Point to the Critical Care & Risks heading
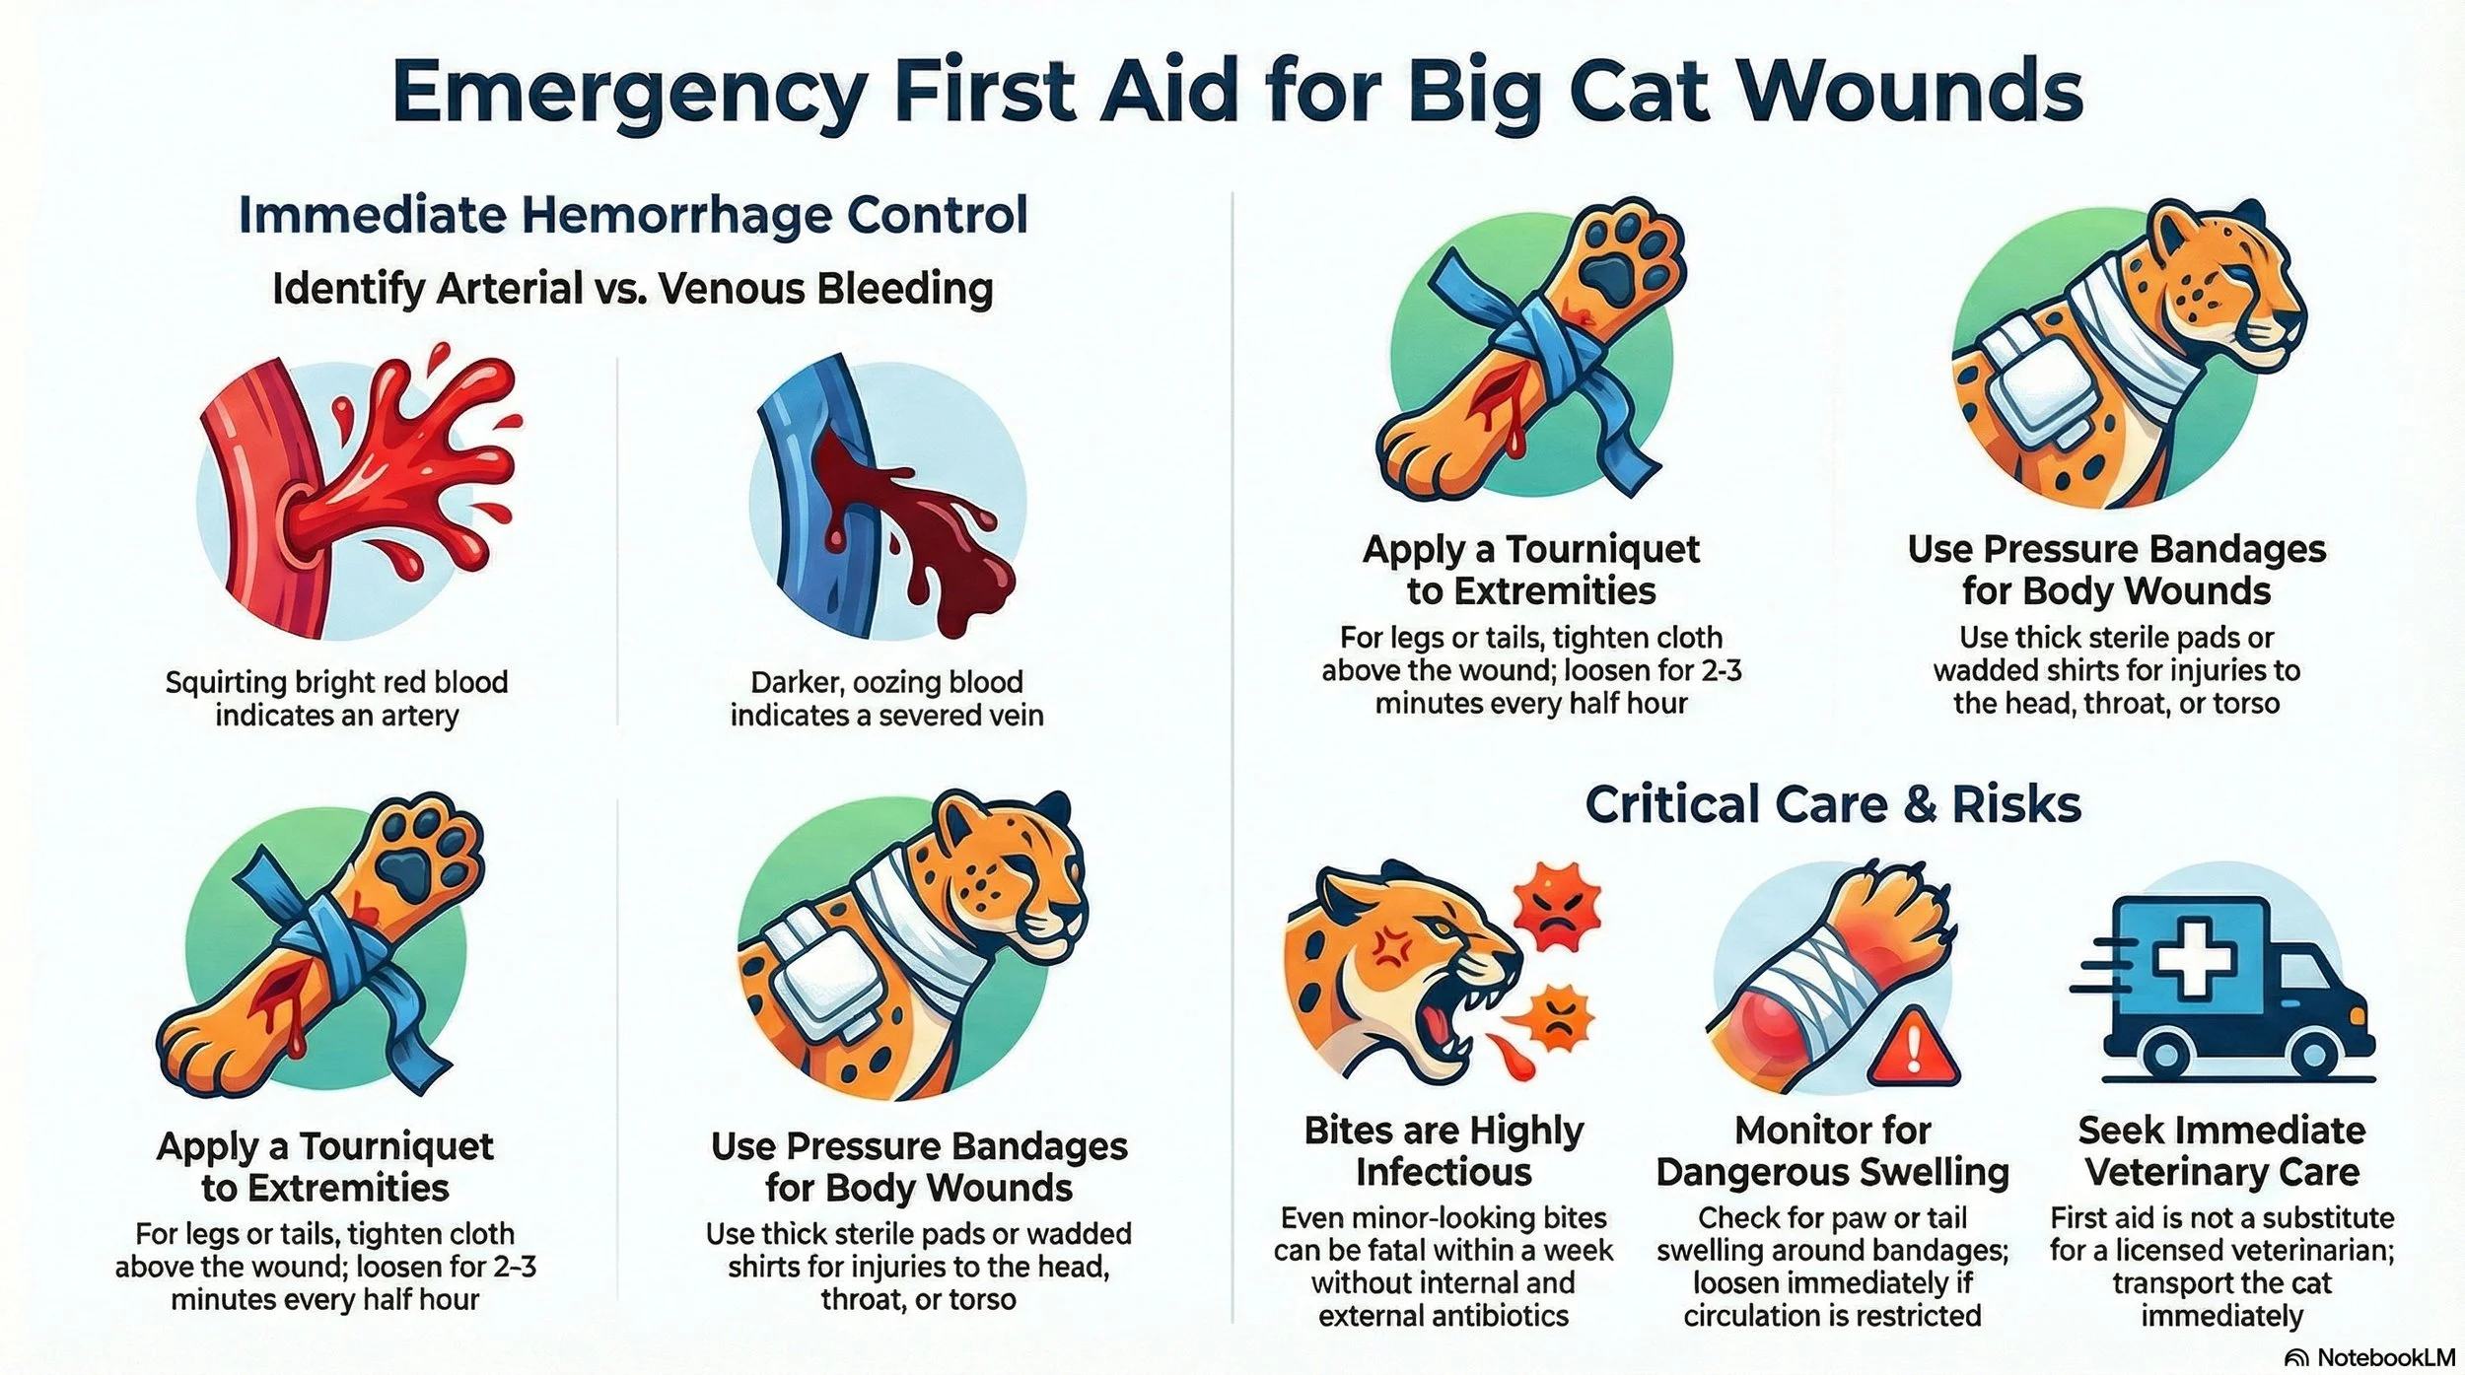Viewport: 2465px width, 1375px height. pos(1833,804)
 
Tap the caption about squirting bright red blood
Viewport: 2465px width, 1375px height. pos(336,698)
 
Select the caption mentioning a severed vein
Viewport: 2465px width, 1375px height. pos(886,698)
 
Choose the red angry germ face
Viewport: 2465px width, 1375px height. pos(1556,908)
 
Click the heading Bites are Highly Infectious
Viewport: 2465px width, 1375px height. pos(1444,1151)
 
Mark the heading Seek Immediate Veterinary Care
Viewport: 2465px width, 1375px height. pos(2221,1151)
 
